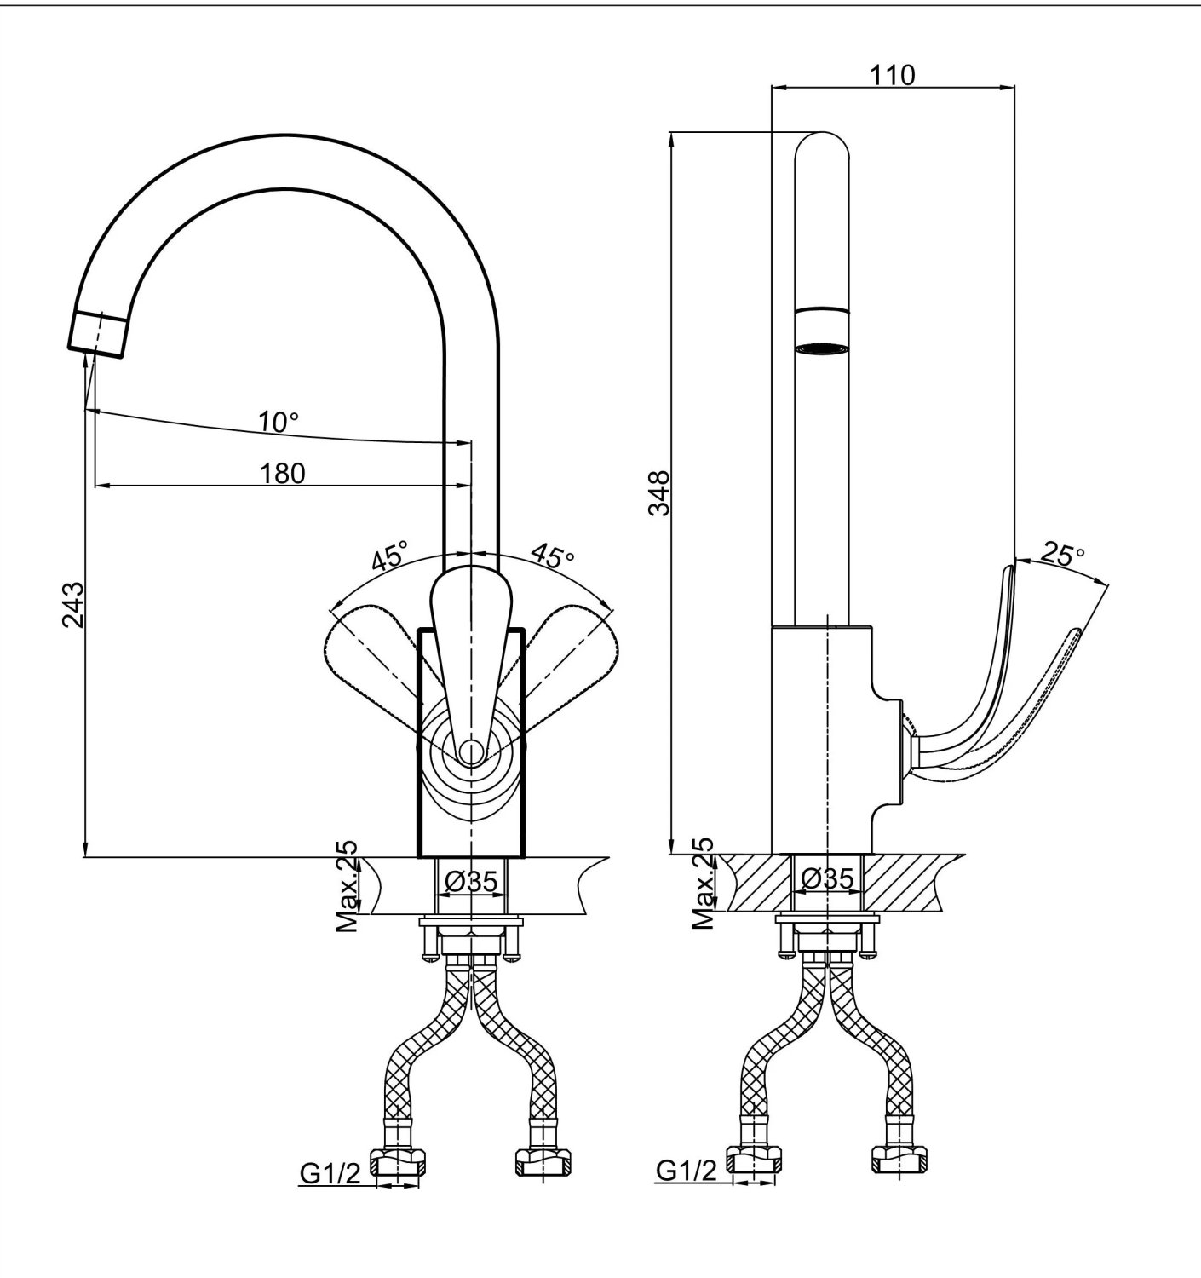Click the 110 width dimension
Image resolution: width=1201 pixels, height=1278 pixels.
(x=892, y=75)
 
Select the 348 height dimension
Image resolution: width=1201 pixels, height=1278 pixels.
(x=660, y=493)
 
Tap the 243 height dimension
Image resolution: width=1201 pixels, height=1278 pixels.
(x=73, y=604)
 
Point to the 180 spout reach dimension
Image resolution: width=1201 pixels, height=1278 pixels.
(x=282, y=474)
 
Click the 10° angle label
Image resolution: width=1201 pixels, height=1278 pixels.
(x=279, y=422)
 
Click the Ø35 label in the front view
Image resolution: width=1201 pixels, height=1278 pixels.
(x=472, y=881)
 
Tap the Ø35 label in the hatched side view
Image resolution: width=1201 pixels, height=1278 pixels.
(x=828, y=878)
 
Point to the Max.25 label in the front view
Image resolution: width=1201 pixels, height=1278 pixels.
(x=347, y=886)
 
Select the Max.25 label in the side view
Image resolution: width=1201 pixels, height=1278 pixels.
(x=704, y=883)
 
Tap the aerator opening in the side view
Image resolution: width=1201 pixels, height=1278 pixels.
(x=822, y=348)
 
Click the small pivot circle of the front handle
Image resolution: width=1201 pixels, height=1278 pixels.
(x=471, y=751)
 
